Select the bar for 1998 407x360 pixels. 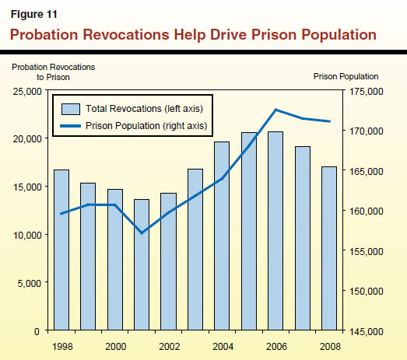click(x=61, y=250)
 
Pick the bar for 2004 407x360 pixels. click(x=222, y=236)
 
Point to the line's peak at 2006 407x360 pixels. click(x=275, y=110)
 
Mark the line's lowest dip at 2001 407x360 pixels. click(x=142, y=232)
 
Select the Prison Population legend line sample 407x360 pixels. click(x=70, y=125)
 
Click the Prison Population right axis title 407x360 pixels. click(x=346, y=76)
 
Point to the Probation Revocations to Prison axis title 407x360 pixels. click(x=53, y=72)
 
